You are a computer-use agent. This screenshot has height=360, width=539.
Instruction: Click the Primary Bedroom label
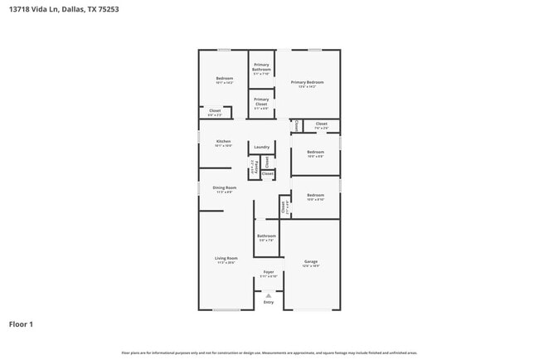[x=307, y=82]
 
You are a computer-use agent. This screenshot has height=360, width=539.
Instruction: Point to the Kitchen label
[x=223, y=142]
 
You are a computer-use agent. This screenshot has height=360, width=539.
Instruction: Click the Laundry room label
[x=262, y=147]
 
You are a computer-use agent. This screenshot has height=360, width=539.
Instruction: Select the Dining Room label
[x=224, y=188]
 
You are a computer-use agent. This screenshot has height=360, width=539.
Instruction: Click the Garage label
[x=311, y=262]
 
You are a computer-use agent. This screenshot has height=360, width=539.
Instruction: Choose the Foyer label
[x=269, y=272]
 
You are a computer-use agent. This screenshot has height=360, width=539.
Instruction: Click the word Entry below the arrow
[x=268, y=302]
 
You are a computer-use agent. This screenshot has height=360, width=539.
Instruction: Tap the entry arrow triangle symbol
[x=268, y=294]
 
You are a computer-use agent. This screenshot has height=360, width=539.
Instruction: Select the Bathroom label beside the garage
[x=266, y=236]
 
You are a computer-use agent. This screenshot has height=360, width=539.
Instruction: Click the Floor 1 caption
[x=21, y=324]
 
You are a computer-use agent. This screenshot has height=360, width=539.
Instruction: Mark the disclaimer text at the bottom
[x=269, y=352]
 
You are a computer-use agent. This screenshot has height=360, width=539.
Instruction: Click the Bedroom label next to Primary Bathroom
[x=225, y=79]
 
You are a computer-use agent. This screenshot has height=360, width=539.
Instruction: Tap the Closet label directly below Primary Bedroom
[x=322, y=124]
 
